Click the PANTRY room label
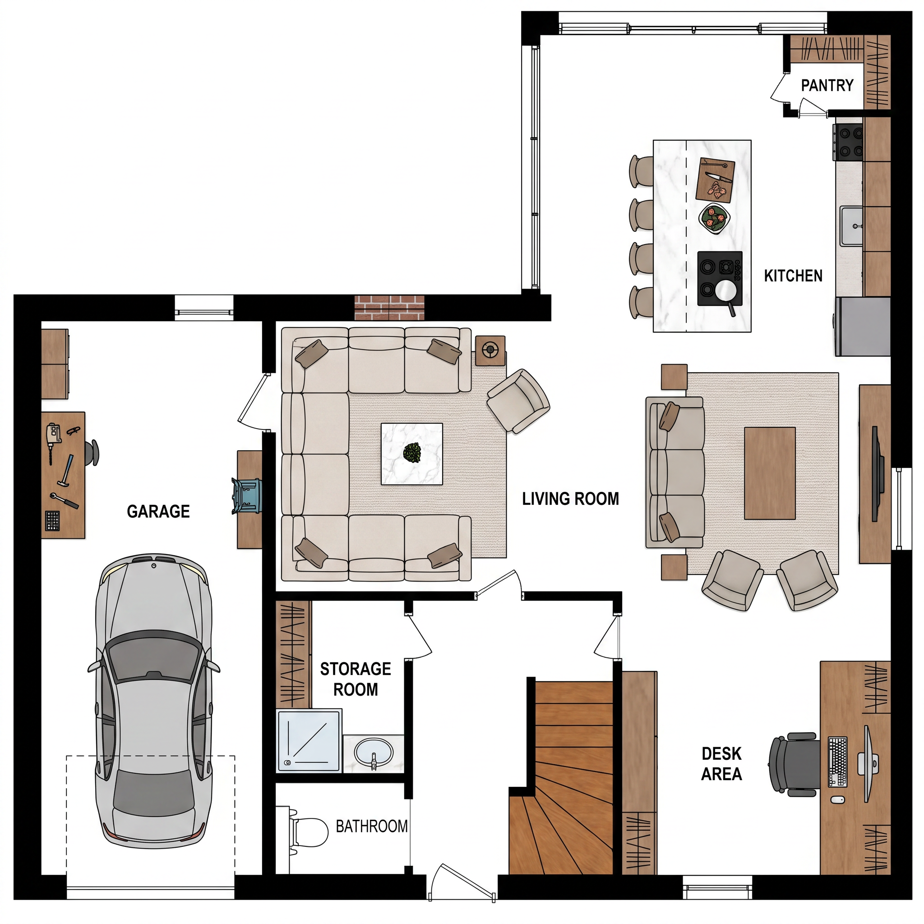[827, 86]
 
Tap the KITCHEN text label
[793, 276]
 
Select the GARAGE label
[158, 512]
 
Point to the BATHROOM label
[372, 826]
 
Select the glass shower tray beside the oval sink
[309, 741]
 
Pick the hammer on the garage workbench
[66, 470]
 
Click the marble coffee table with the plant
[412, 454]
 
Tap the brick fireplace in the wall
[389, 308]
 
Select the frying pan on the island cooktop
[726, 292]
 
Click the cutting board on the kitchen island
[715, 180]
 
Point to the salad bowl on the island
[715, 218]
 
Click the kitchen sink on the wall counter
[851, 226]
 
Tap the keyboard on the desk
[838, 762]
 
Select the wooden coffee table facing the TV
[770, 473]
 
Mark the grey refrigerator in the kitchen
[863, 327]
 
